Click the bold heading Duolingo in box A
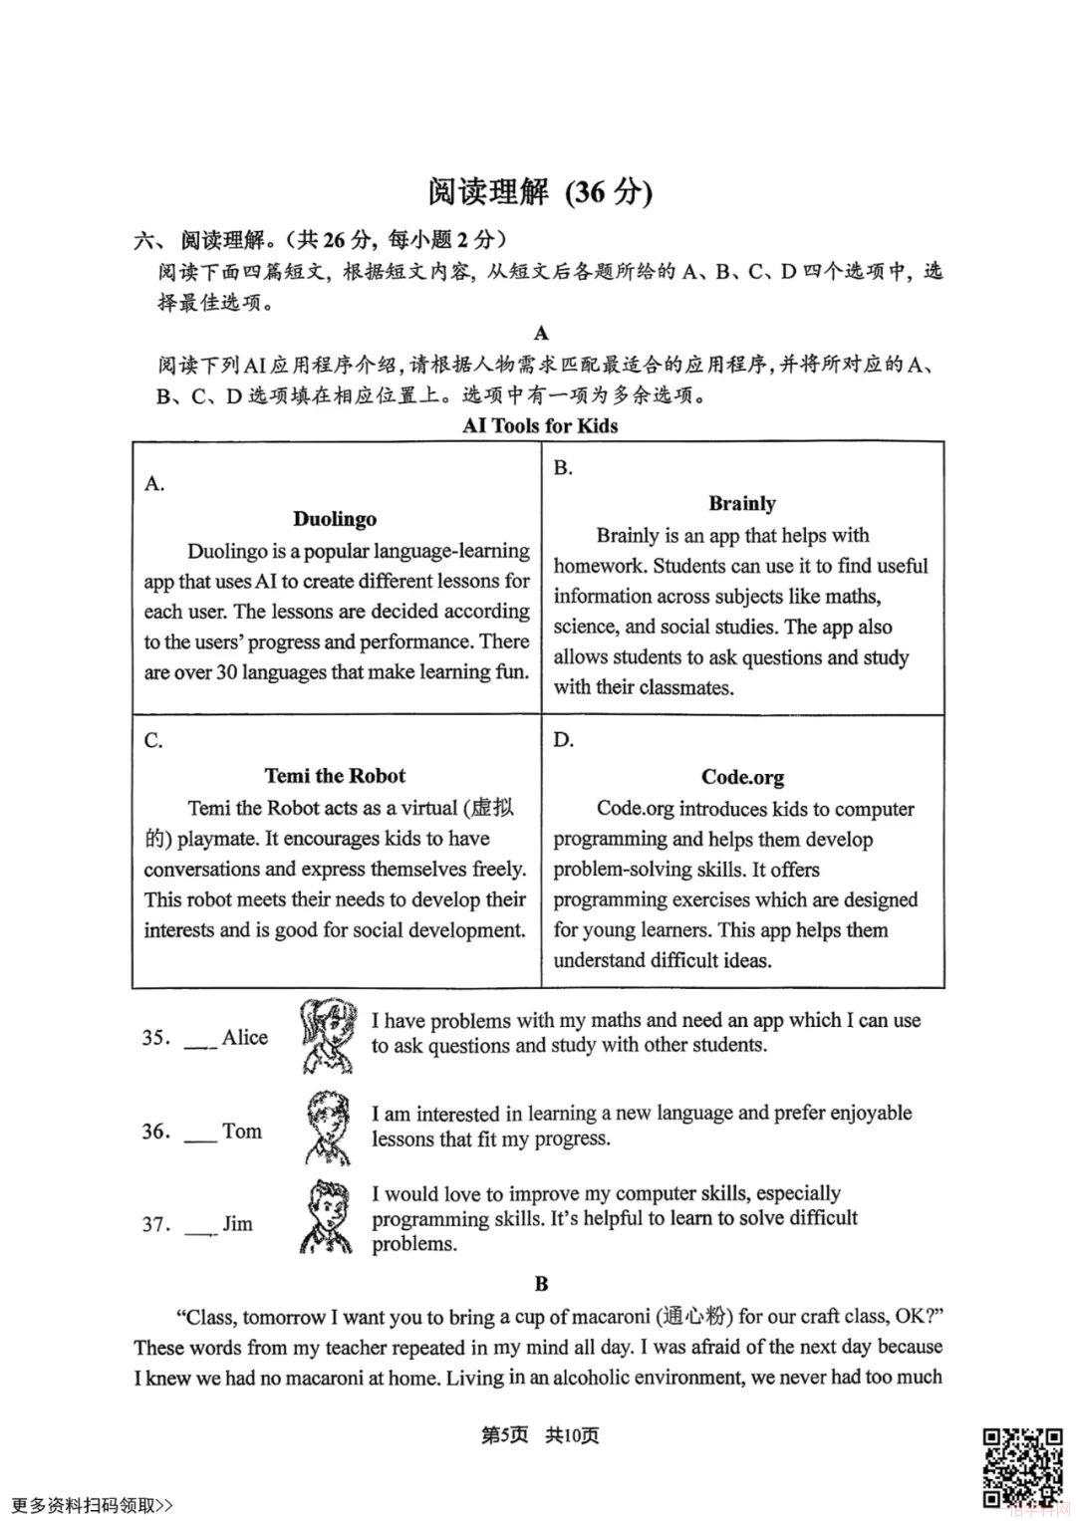335,519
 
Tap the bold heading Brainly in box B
742,504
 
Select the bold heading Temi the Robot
335,776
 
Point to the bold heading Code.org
742,777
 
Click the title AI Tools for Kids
540,426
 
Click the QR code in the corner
1023,1467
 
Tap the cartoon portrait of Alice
327,1036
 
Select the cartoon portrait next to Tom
327,1127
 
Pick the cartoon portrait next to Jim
325,1216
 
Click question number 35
156,1038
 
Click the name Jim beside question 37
237,1224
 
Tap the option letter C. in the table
153,740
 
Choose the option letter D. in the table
563,739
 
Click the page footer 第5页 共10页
540,1435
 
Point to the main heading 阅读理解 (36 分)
540,192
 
